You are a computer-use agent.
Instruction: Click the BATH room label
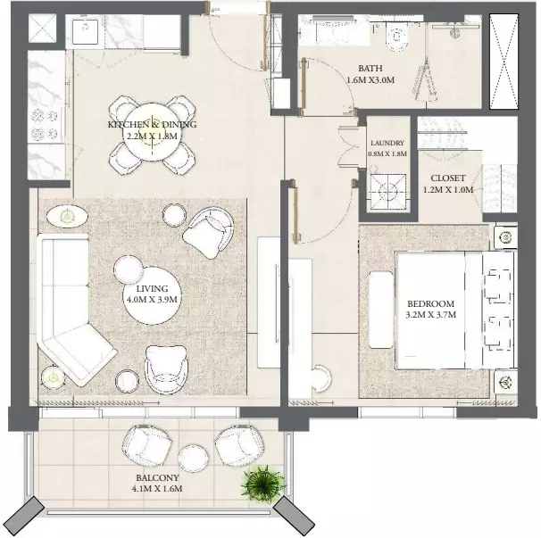(x=370, y=69)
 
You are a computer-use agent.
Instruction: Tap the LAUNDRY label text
(x=387, y=143)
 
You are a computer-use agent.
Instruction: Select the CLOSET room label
(x=448, y=178)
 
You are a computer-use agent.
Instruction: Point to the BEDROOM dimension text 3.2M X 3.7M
(x=431, y=315)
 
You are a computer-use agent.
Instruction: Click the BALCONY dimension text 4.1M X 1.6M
(x=157, y=489)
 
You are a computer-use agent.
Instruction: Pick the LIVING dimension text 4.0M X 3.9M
(x=152, y=300)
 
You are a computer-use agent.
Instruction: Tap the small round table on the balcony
(x=193, y=459)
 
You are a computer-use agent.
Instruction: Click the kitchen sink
(x=85, y=31)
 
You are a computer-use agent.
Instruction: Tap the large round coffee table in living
(x=152, y=295)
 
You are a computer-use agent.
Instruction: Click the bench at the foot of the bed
(x=381, y=310)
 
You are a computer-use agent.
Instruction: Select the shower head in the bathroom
(x=455, y=31)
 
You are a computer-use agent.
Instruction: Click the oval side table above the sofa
(x=67, y=216)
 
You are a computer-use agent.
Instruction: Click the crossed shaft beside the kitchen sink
(x=42, y=29)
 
